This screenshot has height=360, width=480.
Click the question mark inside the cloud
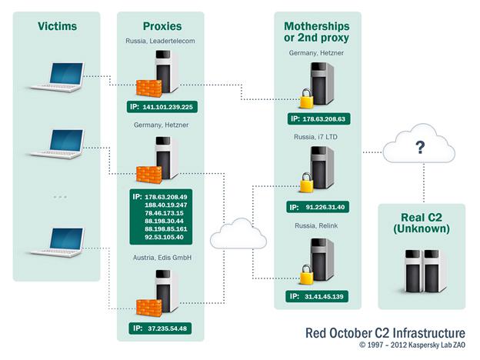tap(420, 148)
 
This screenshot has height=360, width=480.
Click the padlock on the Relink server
tap(305, 275)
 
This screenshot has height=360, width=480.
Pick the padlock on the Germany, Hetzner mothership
tap(305, 99)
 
